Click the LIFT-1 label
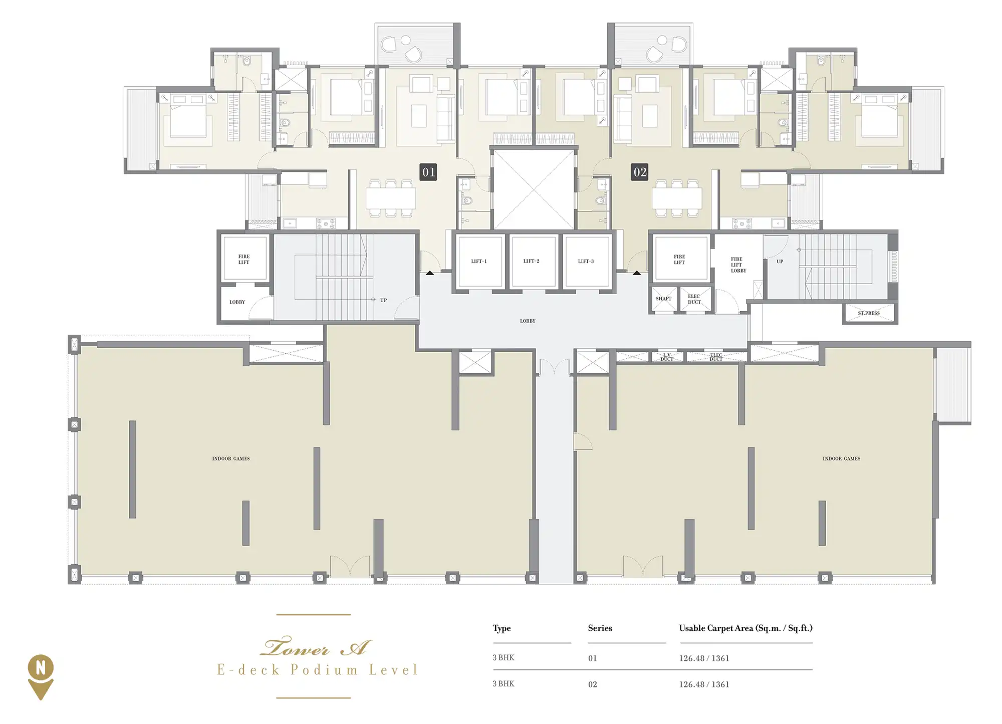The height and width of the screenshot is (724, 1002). pos(478,261)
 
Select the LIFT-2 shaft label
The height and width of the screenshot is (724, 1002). pos(531,261)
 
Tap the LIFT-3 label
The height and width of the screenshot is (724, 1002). pos(586,261)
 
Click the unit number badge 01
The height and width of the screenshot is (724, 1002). pos(428,172)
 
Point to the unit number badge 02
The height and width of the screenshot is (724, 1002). pos(640,172)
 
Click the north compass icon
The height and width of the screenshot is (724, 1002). pos(41,677)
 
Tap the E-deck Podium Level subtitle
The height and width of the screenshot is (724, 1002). pos(317,670)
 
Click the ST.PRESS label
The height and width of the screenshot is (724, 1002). pos(869,313)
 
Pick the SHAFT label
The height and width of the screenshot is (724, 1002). pos(663,299)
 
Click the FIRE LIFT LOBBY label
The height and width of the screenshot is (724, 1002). pos(738,265)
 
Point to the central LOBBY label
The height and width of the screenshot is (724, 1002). pos(528,321)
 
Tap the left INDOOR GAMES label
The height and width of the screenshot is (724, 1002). pos(231,458)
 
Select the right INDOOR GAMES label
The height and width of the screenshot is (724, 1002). pos(841,458)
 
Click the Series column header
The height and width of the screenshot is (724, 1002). pos(600,628)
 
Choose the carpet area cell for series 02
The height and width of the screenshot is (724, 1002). pos(704,684)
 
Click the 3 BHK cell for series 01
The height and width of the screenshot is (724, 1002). pos(504,658)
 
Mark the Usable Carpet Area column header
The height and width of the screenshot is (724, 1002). pos(745,628)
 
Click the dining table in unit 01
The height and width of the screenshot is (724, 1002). pos(391,198)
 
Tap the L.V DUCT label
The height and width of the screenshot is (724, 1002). pos(667,357)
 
